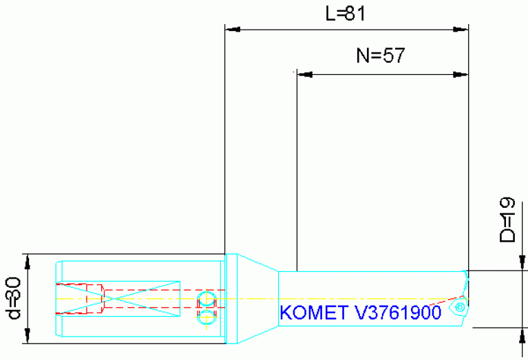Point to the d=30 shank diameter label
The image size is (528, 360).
13,299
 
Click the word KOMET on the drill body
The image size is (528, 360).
313,313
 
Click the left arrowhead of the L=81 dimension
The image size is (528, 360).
232,30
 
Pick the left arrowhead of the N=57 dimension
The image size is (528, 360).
303,74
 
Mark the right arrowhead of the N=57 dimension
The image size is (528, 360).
461,74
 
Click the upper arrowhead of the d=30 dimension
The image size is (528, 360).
28,260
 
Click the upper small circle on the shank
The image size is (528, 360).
206,299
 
